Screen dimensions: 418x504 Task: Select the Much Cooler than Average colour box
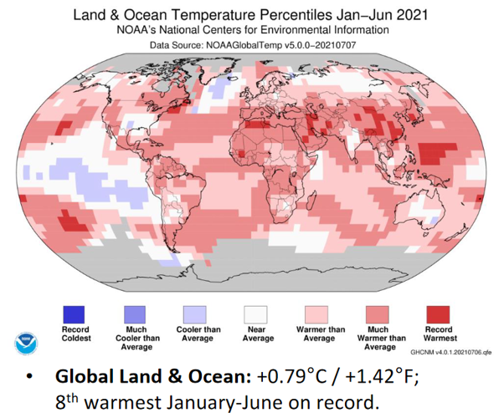click(135, 313)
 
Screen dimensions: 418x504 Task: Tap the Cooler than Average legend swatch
click(194, 313)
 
